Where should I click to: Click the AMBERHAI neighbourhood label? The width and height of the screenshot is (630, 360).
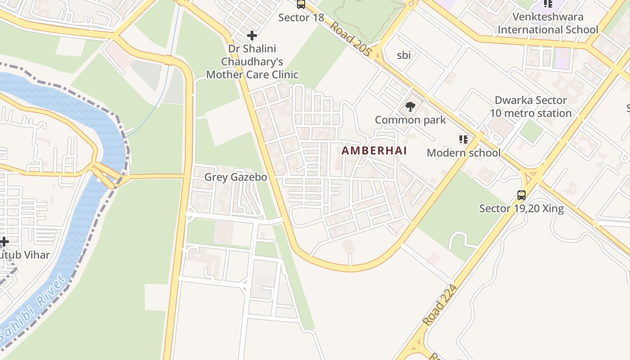coord(374,151)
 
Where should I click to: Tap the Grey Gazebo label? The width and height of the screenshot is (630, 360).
coord(235,177)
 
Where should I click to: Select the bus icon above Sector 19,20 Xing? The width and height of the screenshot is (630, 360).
coord(521,195)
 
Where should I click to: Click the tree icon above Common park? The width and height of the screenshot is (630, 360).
coord(410,107)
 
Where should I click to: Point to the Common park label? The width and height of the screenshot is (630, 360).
coord(410,120)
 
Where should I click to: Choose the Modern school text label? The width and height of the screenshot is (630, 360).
coord(463,153)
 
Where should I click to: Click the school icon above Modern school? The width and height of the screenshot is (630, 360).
coord(463,139)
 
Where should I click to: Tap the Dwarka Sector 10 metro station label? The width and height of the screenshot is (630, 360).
coord(531,107)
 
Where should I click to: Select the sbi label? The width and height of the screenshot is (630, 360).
coord(404,55)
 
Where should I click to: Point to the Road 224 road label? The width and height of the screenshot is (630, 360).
coord(440,305)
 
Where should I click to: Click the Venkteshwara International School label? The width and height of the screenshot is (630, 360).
coord(548,23)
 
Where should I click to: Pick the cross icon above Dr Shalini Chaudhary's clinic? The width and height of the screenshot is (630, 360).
coord(252,35)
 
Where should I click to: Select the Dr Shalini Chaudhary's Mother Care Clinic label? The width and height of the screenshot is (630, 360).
coord(252,61)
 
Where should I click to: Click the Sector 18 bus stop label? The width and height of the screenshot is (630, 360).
coord(301,18)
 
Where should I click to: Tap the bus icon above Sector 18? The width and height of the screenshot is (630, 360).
coord(301,4)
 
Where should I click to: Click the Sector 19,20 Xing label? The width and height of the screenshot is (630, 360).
coord(521,208)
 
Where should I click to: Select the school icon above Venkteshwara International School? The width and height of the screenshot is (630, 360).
coord(548,4)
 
